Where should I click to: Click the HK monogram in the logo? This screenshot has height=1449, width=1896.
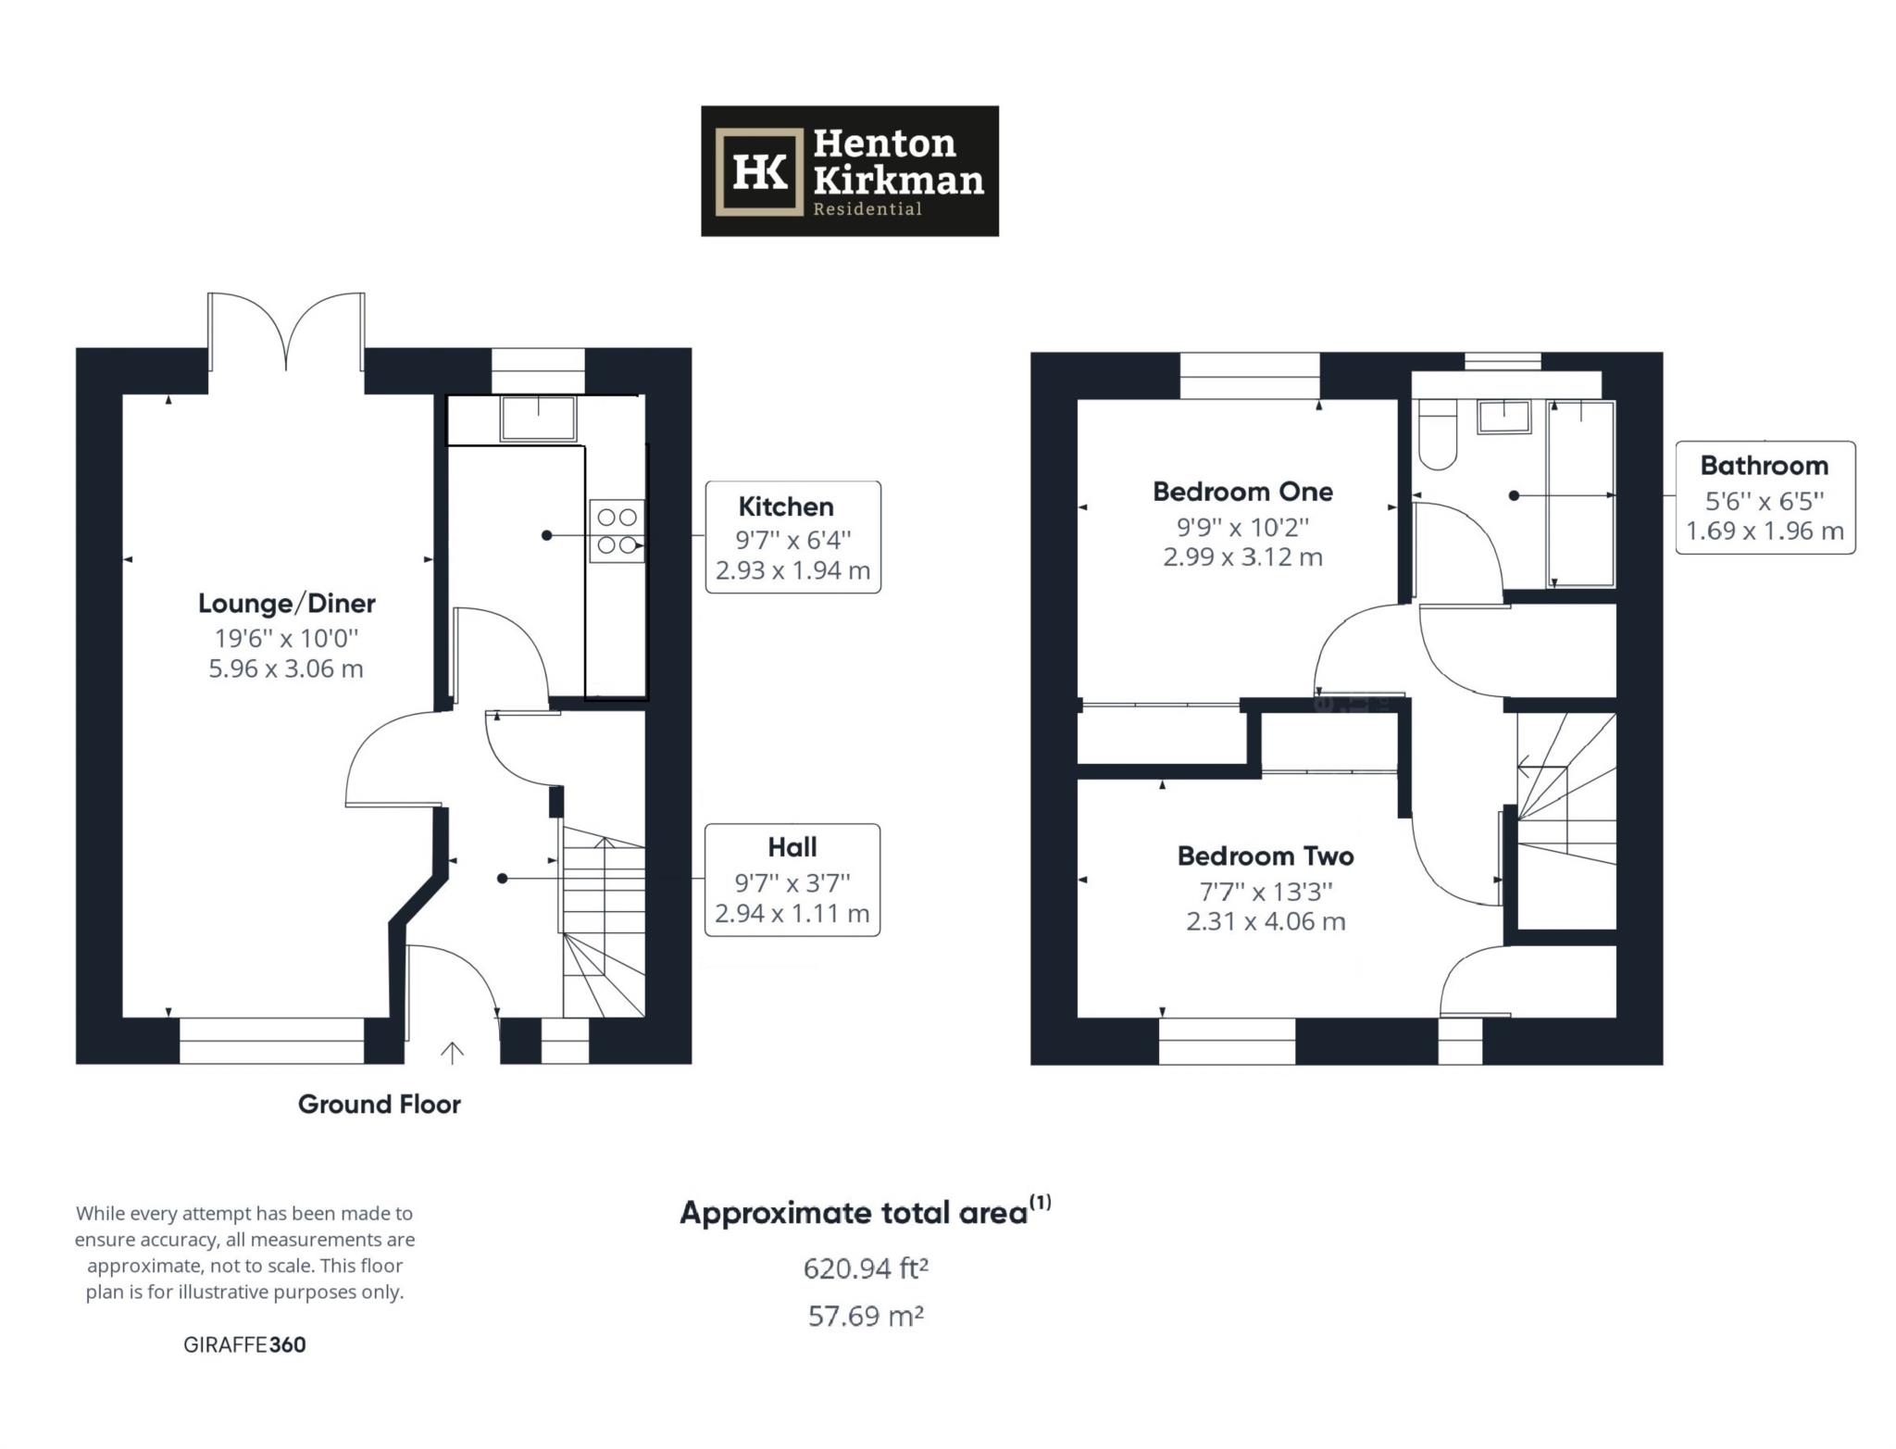coord(759,171)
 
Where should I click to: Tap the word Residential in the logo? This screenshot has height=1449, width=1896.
coord(867,208)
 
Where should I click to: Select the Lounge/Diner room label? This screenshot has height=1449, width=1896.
coord(286,604)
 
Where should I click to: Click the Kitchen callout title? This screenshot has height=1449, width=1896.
coord(786,506)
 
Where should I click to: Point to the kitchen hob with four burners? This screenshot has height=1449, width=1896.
coord(617,531)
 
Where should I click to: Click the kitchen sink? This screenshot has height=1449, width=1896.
coord(537,418)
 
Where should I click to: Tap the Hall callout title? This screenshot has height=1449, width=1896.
coord(792,847)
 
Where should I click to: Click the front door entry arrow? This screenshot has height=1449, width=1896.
coord(452,1052)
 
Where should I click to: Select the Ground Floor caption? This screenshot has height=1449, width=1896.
coord(379,1104)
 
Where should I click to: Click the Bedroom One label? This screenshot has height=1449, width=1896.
coord(1242,492)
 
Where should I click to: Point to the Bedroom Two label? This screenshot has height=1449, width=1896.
coord(1265,856)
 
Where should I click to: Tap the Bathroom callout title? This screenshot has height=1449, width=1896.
coord(1764,465)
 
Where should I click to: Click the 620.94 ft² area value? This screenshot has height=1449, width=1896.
coord(866,1268)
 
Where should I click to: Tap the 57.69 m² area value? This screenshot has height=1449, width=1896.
coord(866,1316)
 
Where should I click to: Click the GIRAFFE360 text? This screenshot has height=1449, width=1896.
coord(244,1344)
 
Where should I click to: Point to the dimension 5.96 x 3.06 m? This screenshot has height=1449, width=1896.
coord(285,668)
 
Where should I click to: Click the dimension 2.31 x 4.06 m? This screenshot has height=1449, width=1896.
coord(1265,921)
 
